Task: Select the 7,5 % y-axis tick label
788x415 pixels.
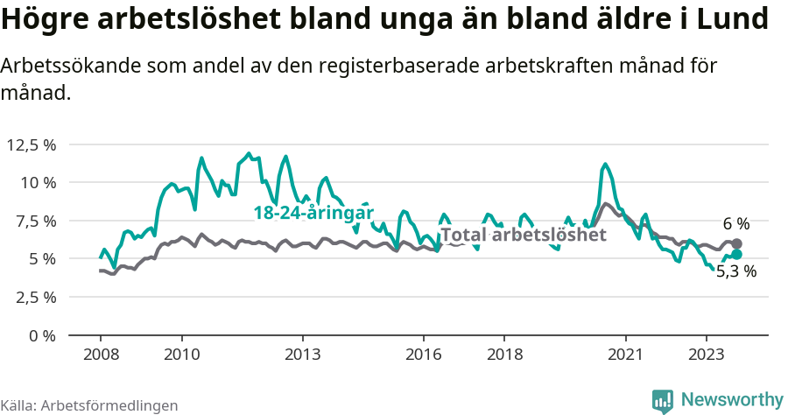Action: [33, 221]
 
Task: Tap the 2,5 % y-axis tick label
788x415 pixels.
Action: [33, 297]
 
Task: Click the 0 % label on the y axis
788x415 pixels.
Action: [41, 335]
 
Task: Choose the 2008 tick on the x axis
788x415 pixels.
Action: [100, 355]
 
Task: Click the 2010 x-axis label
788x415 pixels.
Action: [181, 355]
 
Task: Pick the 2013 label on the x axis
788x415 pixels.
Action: [302, 355]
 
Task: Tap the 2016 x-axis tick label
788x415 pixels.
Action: [424, 355]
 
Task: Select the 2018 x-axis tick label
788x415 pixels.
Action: [504, 355]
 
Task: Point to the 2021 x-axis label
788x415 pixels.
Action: [626, 355]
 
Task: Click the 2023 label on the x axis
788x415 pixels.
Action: [707, 355]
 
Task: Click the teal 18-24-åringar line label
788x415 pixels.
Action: [313, 213]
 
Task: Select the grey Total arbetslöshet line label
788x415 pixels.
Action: [523, 235]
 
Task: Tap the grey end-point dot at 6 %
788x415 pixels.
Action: [736, 244]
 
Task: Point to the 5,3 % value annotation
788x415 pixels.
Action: [735, 271]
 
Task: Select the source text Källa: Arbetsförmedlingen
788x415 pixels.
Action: [89, 405]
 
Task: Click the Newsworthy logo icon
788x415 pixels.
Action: [663, 400]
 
